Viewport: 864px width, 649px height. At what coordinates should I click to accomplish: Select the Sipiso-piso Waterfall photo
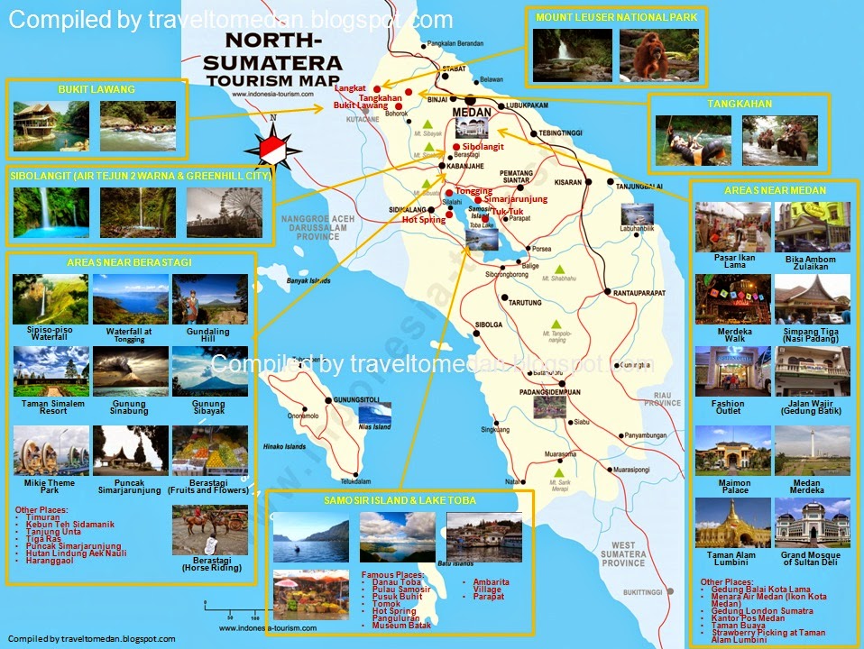51,298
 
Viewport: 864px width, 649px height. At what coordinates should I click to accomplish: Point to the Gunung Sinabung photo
130,371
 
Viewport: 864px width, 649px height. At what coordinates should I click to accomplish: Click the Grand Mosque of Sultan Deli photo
812,523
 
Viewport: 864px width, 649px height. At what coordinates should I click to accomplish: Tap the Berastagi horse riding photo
208,528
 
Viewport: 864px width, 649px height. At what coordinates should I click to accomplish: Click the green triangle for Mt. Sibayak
427,125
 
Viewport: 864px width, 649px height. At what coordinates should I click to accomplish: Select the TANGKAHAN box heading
751,104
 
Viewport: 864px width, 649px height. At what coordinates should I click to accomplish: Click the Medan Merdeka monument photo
812,451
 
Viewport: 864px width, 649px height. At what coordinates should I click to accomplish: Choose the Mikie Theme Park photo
51,451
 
